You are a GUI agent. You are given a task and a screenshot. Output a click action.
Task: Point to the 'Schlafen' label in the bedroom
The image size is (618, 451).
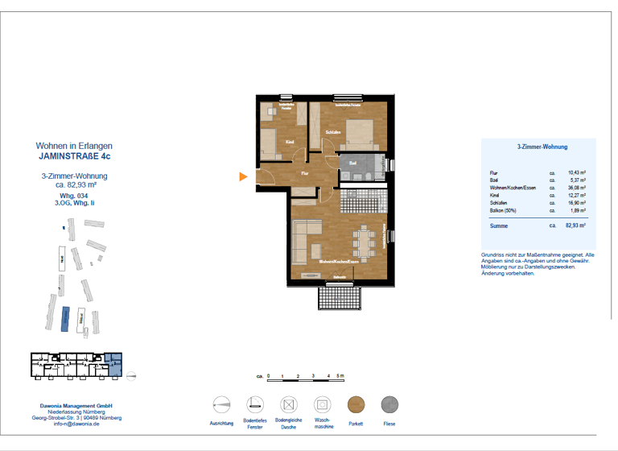click(x=333, y=132)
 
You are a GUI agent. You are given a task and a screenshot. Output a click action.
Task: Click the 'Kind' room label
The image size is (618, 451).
click(x=290, y=143)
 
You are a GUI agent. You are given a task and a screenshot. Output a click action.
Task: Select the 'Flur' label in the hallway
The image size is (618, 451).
click(x=305, y=173)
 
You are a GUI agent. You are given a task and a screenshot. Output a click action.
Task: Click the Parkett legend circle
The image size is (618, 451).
click(x=356, y=404)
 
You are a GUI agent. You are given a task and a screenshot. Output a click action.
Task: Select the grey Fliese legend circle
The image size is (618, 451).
click(x=390, y=404)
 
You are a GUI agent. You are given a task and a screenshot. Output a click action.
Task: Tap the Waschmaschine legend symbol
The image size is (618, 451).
click(x=321, y=404)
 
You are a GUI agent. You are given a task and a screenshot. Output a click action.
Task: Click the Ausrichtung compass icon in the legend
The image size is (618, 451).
click(x=221, y=404)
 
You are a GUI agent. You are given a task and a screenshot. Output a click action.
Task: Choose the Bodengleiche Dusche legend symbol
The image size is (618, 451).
click(x=288, y=404)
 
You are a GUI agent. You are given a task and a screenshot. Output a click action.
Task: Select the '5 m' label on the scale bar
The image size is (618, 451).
click(x=341, y=376)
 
